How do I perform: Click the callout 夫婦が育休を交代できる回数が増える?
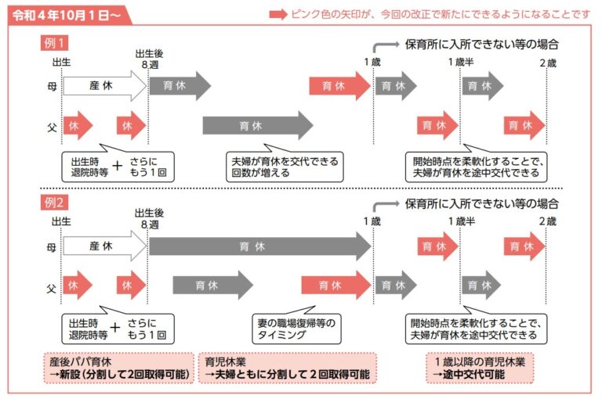click(x=284, y=167)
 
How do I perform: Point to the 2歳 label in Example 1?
click(x=546, y=63)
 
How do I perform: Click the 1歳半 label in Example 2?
click(x=461, y=222)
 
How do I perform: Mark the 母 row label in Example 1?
click(x=52, y=86)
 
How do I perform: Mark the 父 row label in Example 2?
click(x=52, y=285)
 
